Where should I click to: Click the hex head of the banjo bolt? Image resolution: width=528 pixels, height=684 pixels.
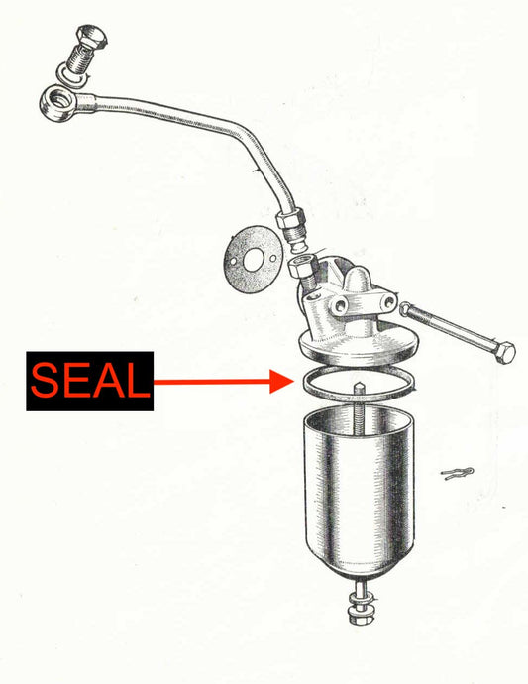pyautogui.click(x=91, y=38)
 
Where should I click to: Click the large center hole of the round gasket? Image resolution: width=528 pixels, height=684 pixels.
pyautogui.click(x=254, y=259)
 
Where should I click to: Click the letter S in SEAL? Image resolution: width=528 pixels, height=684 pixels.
pyautogui.click(x=45, y=380)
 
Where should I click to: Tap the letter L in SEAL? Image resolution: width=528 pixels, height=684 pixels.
pyautogui.click(x=137, y=380)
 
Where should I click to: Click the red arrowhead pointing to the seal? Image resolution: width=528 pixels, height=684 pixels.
pyautogui.click(x=281, y=382)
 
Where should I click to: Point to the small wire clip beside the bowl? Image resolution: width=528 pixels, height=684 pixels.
pyautogui.click(x=457, y=473)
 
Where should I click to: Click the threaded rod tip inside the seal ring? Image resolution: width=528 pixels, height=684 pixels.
pyautogui.click(x=359, y=388)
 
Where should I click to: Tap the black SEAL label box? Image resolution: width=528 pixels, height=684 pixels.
pyautogui.click(x=90, y=381)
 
